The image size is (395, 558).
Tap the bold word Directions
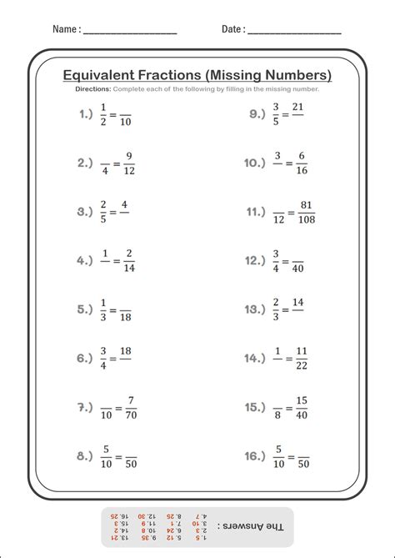pyautogui.click(x=92, y=88)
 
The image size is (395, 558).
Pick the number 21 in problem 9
pyautogui.click(x=297, y=107)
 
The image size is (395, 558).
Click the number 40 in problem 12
pyautogui.click(x=297, y=269)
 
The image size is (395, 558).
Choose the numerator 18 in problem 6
pyautogui.click(x=125, y=350)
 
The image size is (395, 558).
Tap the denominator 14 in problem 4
pyautogui.click(x=129, y=269)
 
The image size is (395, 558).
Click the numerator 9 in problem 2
pyautogui.click(x=129, y=155)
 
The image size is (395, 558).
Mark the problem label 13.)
pyautogui.click(x=255, y=309)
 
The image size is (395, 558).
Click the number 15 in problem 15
pyautogui.click(x=301, y=399)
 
